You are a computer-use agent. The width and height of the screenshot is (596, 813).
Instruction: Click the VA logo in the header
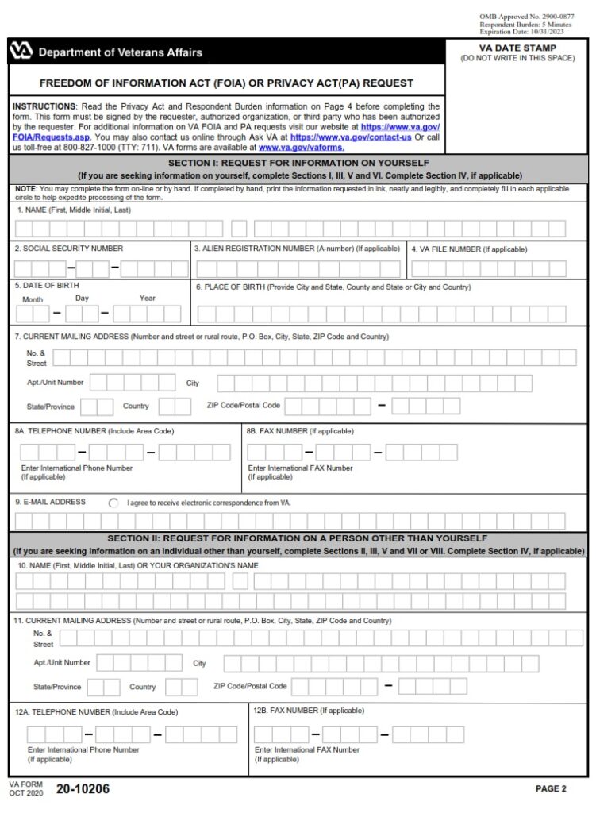pyautogui.click(x=21, y=52)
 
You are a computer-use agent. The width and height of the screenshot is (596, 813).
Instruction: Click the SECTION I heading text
pyautogui.click(x=299, y=162)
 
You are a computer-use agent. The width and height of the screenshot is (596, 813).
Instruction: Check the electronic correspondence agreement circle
pyautogui.click(x=113, y=503)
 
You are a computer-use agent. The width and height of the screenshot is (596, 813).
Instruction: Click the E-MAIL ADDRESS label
pyautogui.click(x=50, y=502)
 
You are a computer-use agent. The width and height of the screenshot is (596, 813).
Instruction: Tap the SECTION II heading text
pyautogui.click(x=299, y=538)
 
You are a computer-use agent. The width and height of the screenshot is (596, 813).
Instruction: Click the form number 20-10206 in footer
pyautogui.click(x=83, y=789)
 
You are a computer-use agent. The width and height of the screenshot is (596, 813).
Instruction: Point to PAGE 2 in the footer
pyautogui.click(x=551, y=789)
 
